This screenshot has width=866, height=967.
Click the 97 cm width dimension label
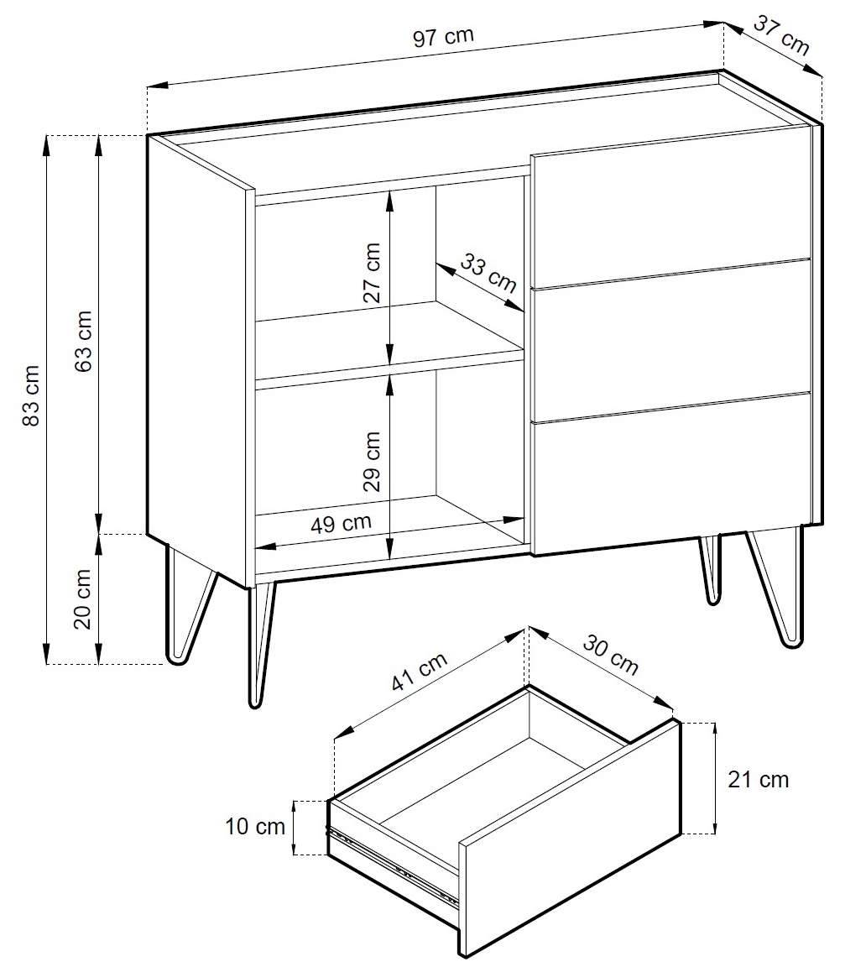pos(443,36)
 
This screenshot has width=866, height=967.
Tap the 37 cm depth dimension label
pos(781,35)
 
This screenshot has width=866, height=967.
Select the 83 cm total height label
pos(31,395)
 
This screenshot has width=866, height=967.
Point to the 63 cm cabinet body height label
pos(83,341)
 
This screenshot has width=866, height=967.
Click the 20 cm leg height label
pos(82,598)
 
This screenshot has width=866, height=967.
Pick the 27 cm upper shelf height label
pos(372,272)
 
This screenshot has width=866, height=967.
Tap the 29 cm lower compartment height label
pos(372,462)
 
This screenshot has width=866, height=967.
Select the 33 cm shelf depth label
pos(488,273)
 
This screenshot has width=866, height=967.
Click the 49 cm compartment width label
pos(341,524)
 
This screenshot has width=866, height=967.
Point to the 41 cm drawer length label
pos(419,672)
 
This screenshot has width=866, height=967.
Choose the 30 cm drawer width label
pos(610,655)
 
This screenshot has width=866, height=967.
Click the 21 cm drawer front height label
pos(758,780)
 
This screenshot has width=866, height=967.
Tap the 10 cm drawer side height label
pos(255,826)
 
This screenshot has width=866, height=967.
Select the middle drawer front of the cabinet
pos(671,341)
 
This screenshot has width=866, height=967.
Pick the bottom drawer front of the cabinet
pos(671,473)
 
